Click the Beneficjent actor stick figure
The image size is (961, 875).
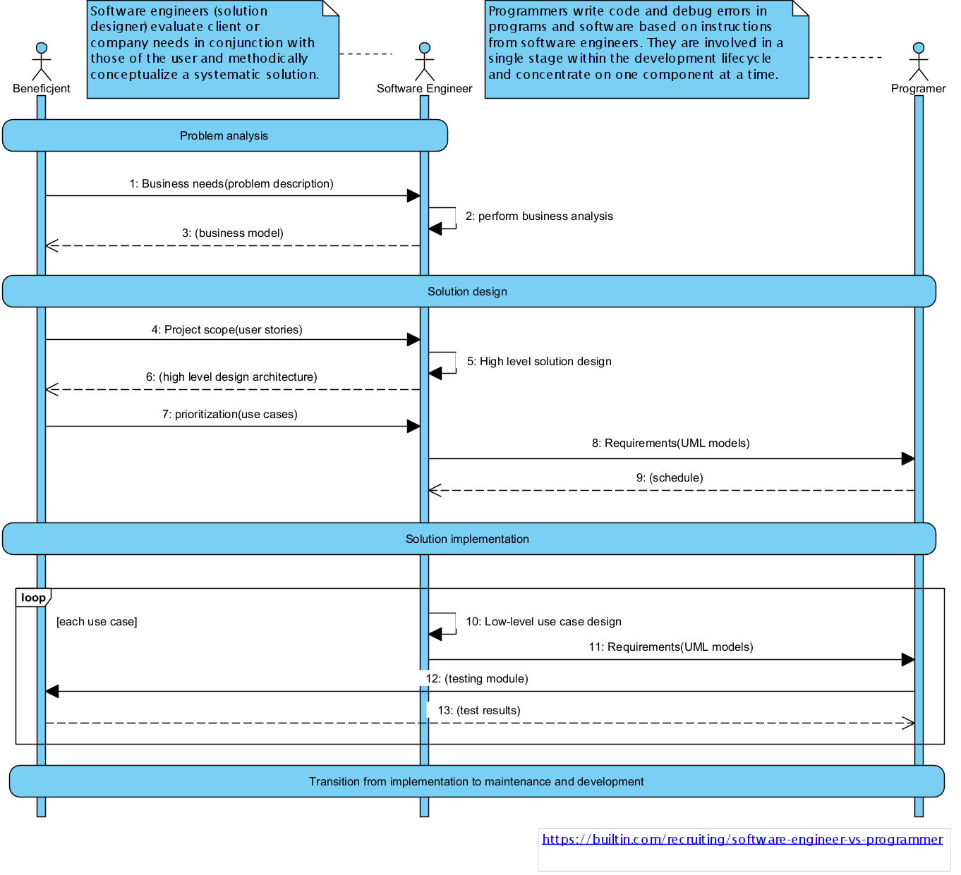click(x=42, y=61)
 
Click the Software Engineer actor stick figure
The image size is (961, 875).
click(x=425, y=61)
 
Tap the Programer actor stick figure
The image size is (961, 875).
click(x=919, y=61)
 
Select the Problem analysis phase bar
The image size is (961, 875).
click(x=224, y=135)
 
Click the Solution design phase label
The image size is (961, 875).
click(x=467, y=292)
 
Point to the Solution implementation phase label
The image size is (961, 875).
click(x=467, y=539)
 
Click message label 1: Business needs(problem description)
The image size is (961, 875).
click(x=231, y=184)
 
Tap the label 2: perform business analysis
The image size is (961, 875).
click(x=539, y=216)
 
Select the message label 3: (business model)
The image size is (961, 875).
click(x=233, y=233)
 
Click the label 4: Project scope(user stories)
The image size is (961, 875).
click(x=227, y=329)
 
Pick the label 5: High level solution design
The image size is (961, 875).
click(x=540, y=361)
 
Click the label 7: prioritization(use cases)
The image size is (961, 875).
click(x=230, y=415)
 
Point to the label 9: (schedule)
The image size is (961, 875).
click(x=670, y=477)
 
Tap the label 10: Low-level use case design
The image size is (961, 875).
click(x=544, y=621)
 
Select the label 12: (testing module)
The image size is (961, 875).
click(x=477, y=679)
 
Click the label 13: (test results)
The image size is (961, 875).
click(x=479, y=710)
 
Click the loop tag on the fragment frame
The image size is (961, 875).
click(x=33, y=598)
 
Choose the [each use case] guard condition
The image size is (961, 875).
click(x=97, y=622)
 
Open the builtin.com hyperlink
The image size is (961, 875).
click(x=742, y=840)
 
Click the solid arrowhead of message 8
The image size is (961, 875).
click(x=908, y=459)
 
